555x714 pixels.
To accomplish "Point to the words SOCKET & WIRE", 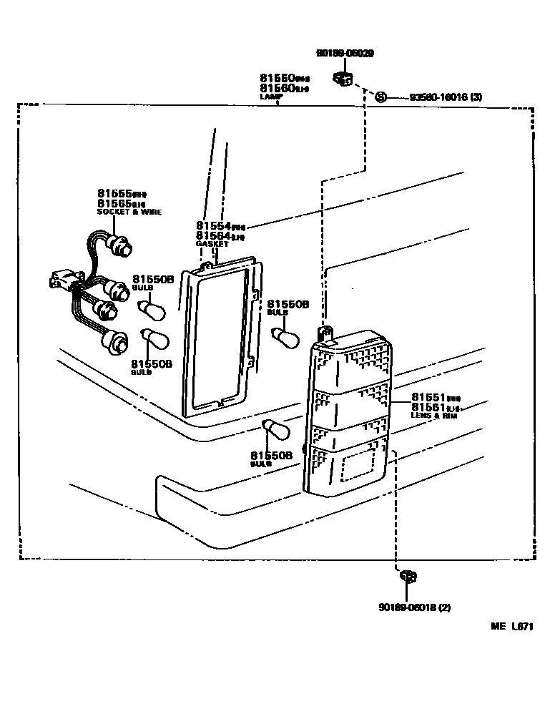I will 129,212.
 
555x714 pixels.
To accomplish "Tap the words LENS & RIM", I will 433,415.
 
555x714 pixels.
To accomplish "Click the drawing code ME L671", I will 512,627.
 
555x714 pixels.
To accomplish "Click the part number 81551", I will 430,397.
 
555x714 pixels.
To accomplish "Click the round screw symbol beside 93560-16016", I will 380,97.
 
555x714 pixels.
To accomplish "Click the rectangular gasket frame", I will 218,336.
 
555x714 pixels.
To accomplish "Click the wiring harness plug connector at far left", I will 60,279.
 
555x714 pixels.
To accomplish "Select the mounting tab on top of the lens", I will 327,333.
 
